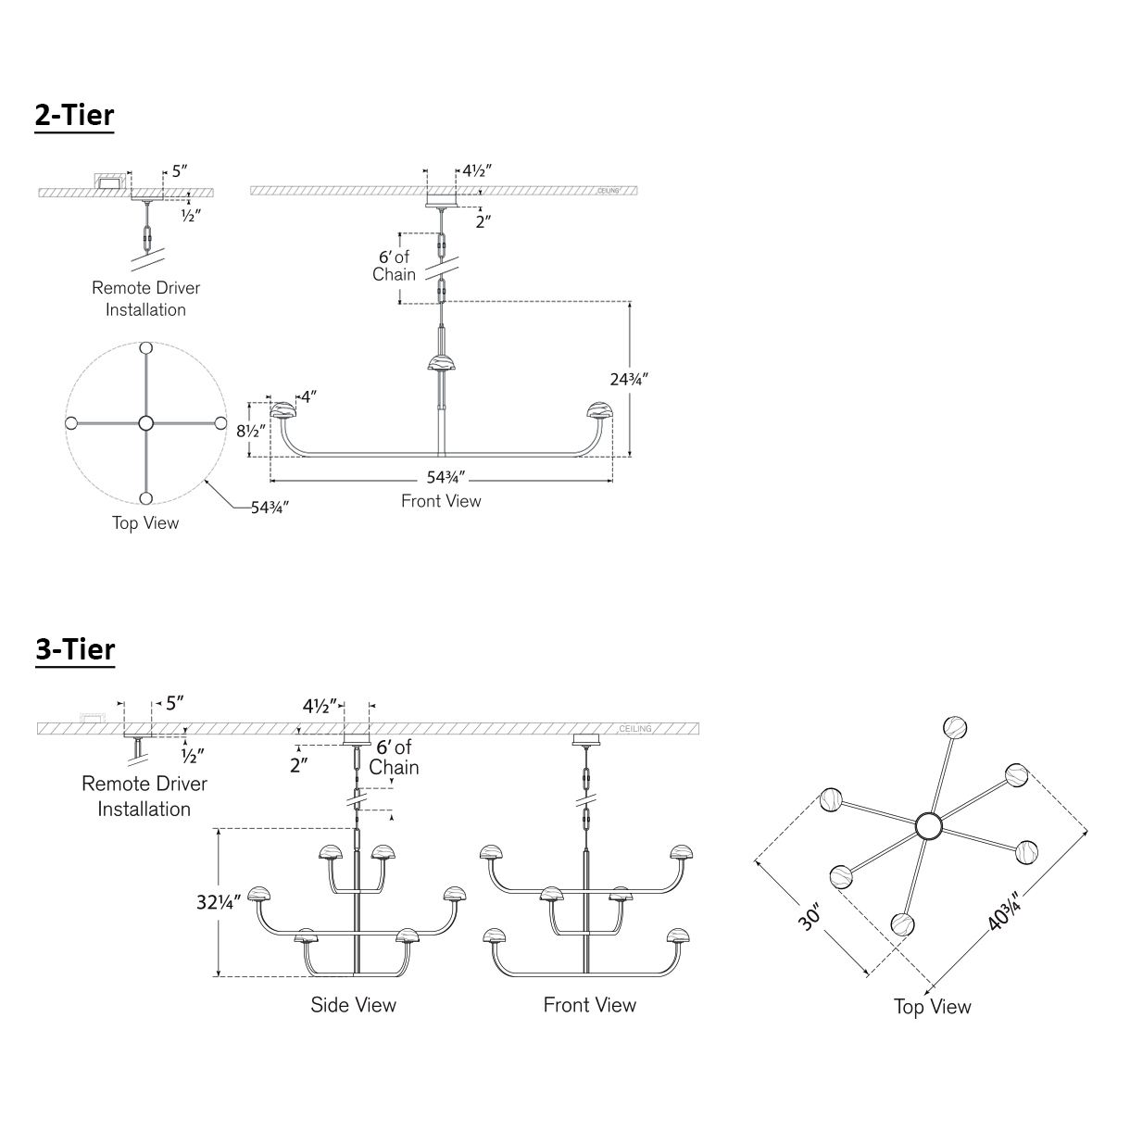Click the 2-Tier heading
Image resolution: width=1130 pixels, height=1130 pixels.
click(74, 116)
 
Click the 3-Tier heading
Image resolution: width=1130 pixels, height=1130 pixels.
click(75, 649)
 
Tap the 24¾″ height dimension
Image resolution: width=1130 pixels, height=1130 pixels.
click(629, 379)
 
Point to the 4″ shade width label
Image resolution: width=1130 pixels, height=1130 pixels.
click(308, 396)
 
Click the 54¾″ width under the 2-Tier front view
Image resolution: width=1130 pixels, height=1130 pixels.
click(446, 479)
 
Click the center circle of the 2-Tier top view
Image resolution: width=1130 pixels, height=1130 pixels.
click(145, 423)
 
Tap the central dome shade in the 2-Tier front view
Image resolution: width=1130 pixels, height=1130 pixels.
click(442, 360)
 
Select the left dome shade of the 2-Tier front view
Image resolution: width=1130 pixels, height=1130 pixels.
click(283, 410)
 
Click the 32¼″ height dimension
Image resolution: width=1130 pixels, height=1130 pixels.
click(218, 900)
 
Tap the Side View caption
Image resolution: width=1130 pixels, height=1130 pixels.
click(353, 1005)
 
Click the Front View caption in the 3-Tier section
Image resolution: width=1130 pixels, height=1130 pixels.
click(590, 1005)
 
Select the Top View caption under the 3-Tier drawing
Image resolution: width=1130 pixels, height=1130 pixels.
click(932, 1007)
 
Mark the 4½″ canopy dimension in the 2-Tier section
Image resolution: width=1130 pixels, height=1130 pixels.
click(476, 170)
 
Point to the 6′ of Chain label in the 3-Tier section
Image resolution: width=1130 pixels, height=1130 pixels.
click(394, 758)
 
